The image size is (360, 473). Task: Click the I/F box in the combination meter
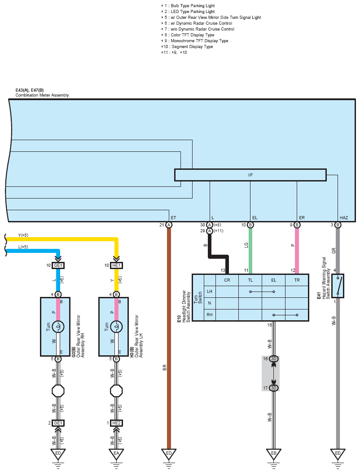pos(250,175)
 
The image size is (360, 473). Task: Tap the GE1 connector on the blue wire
pos(58,265)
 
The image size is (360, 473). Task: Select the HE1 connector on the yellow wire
pos(116,265)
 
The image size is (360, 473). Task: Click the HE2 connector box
pos(116,423)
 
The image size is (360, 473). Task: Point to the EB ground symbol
pos(273,455)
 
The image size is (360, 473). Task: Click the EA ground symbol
pos(116,455)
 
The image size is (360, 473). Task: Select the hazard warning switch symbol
pos(338,286)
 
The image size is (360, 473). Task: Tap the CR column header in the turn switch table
pos(227,280)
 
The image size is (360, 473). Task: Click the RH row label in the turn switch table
pos(210,314)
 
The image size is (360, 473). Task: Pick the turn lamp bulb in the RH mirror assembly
pos(58,327)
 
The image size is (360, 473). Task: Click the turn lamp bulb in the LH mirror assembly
pos(116,327)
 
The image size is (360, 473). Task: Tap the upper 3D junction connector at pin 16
pos(273,358)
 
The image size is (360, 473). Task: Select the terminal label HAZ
pos(344,217)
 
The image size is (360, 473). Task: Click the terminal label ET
pos(173,217)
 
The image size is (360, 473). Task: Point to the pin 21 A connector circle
pos(169,225)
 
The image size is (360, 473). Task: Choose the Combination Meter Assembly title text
pos(42,95)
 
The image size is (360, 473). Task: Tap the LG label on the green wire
pos(246,245)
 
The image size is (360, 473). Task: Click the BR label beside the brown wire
pos(165,367)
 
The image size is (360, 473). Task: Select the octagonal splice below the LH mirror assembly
pos(116,391)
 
